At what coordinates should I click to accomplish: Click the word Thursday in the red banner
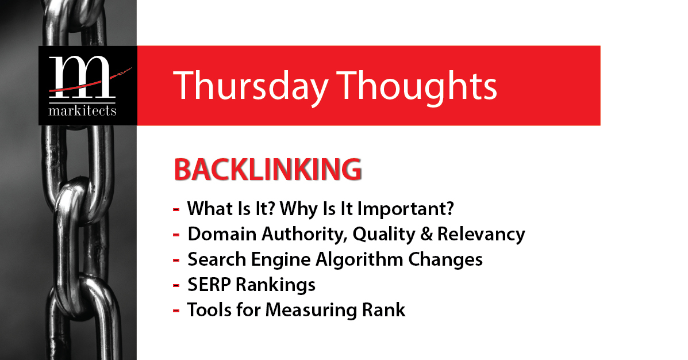(251, 86)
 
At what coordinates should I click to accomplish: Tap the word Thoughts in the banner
(417, 86)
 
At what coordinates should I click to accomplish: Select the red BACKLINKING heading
(268, 170)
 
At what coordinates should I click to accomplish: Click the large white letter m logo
(80, 77)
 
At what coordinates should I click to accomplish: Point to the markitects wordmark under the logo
(83, 110)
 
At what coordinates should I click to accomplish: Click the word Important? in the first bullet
(405, 209)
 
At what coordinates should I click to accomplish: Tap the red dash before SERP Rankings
(176, 286)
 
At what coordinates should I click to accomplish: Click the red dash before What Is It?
(176, 209)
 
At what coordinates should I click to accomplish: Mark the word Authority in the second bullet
(305, 235)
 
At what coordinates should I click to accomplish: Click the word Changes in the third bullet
(445, 260)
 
